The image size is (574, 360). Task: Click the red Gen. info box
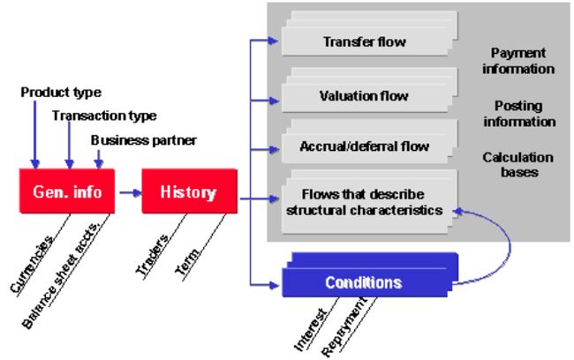click(x=67, y=191)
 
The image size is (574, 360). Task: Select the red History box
click(x=190, y=191)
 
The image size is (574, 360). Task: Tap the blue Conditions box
click(x=370, y=274)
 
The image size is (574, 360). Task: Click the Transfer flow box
click(x=370, y=34)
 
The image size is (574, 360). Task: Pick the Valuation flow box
click(x=370, y=90)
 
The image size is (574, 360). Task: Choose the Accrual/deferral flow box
click(x=370, y=141)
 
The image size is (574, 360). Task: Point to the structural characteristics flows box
click(x=370, y=201)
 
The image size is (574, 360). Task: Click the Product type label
click(x=61, y=93)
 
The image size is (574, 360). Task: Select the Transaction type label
click(x=104, y=116)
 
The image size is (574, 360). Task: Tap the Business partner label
click(x=143, y=140)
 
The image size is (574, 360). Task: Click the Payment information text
click(x=518, y=61)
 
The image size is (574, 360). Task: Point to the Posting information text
click(x=519, y=114)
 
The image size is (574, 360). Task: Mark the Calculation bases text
click(x=518, y=165)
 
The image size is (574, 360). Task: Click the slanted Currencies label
click(x=32, y=265)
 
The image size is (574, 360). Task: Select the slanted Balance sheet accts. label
click(x=61, y=274)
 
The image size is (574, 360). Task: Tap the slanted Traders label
click(x=152, y=255)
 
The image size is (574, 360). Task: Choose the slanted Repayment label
click(x=344, y=326)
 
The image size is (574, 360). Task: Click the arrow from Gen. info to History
click(x=131, y=192)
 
